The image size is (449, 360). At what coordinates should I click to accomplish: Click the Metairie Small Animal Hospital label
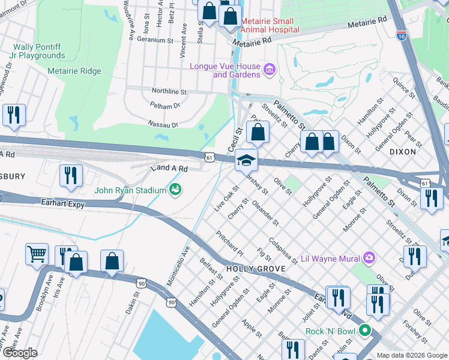point(270,25)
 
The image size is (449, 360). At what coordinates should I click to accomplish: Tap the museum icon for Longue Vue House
point(270,70)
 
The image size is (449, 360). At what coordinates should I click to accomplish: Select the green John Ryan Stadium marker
point(176,190)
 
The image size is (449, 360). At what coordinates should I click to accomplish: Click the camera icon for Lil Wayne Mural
point(369,258)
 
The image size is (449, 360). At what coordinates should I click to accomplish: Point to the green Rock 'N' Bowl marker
point(364,331)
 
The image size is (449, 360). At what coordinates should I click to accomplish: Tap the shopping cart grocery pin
point(37,254)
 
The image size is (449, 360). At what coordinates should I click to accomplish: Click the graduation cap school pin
point(246,161)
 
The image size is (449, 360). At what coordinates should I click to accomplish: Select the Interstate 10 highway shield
point(402,35)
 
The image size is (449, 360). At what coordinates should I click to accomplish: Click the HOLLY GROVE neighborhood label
point(256,269)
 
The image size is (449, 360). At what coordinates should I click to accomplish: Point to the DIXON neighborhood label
point(402,152)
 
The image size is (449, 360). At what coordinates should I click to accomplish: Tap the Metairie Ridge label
point(74,71)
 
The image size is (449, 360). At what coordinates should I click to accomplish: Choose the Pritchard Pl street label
point(230,244)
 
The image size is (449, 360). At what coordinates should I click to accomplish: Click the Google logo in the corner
point(20,353)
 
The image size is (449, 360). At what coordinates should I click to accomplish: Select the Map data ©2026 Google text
point(411,355)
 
